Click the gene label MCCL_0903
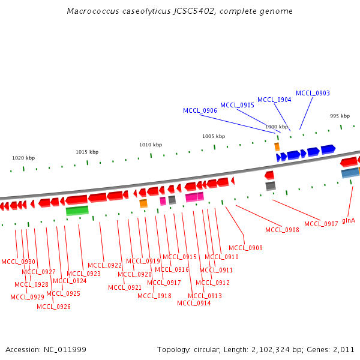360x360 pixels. coord(313,93)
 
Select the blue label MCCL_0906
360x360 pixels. coord(200,110)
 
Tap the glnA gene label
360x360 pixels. coord(349,220)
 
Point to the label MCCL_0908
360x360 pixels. coord(282,230)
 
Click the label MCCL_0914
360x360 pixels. coord(194,303)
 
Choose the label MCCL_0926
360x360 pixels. coord(53,307)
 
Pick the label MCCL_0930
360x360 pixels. coord(18,262)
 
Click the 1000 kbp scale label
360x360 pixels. coord(276,127)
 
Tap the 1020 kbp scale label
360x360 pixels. coord(23,158)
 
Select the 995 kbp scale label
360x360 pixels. coord(340,116)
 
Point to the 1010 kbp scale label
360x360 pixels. coord(151,145)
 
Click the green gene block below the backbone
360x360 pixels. coord(77,211)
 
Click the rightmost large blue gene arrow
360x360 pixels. coord(328,149)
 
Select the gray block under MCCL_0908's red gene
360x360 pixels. coord(271,186)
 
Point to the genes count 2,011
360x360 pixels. coord(344,349)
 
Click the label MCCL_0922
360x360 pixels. coord(104,265)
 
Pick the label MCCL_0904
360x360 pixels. coord(274,100)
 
